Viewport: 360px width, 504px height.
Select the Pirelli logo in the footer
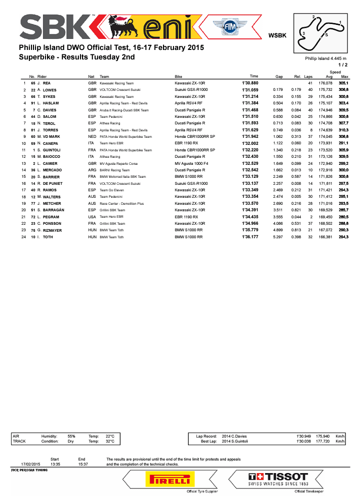click(167, 480)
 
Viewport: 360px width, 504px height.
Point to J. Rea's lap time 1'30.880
click(250, 82)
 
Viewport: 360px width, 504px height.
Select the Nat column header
click(91, 76)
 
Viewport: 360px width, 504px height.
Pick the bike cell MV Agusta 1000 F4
click(193, 163)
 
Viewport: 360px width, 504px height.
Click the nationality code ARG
click(92, 170)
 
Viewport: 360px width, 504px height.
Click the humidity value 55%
click(71, 436)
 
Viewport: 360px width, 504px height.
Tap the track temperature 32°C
click(110, 442)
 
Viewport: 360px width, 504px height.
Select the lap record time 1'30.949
click(304, 436)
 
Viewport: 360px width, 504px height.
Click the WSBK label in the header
click(277, 35)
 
